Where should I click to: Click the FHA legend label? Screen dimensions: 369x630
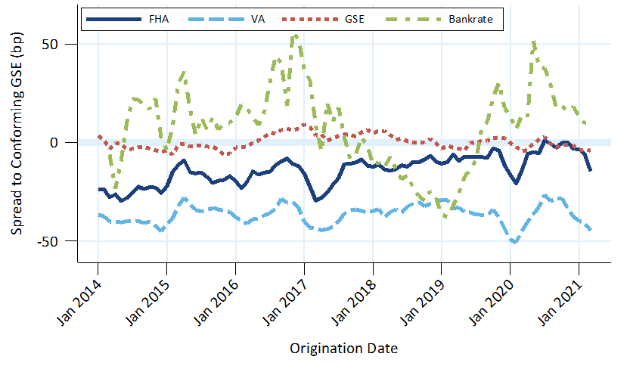[x=160, y=19]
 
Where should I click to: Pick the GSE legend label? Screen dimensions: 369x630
[x=352, y=19]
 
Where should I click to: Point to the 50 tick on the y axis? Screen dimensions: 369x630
[x=62, y=44]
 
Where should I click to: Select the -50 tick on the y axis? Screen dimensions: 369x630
[x=60, y=241]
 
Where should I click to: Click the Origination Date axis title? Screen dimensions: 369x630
[x=343, y=349]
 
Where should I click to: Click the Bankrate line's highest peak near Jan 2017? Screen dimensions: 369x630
[x=296, y=35]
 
